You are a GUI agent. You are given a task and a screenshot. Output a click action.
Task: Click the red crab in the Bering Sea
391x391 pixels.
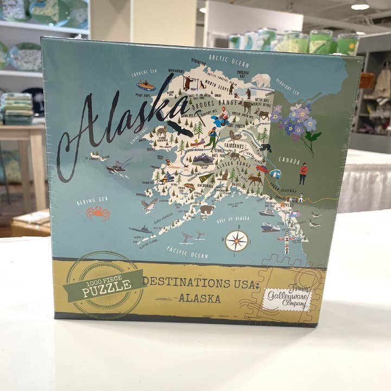tap(98, 212)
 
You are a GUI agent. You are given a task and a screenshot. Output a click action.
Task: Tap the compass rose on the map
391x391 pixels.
tap(236, 240)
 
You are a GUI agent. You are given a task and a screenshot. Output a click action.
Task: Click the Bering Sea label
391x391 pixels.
tap(92, 200)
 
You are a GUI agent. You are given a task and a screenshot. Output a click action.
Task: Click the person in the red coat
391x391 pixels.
tap(303, 173)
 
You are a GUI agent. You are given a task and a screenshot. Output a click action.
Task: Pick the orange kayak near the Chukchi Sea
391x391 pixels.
tap(146, 86)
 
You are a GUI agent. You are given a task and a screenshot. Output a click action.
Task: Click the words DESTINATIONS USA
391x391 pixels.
tap(201, 283)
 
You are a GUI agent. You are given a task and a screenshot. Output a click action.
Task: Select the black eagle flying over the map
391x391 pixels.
tap(180, 128)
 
